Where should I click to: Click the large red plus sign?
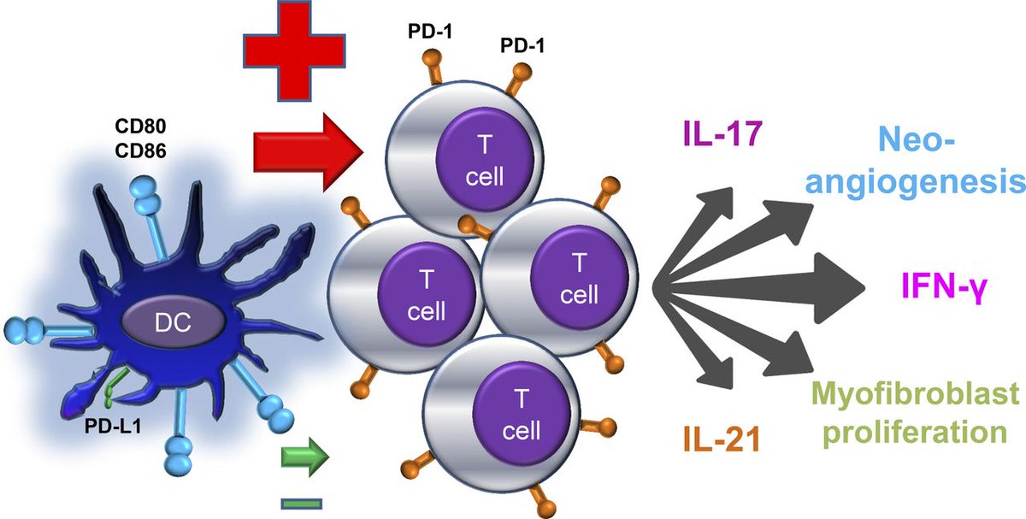coord(294,50)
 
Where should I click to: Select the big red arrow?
coord(309,152)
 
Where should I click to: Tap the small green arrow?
coord(304,457)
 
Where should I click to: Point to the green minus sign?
coord(301,504)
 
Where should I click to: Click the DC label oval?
coord(173,322)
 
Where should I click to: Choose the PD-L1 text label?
coord(113,427)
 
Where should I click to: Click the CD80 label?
coord(140,126)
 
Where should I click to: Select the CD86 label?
coord(140,150)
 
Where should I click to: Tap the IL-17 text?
coord(722,133)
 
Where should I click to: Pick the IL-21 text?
coord(722,439)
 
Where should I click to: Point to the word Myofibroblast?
coord(915,394)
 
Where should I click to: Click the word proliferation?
coord(915,432)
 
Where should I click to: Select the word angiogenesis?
coord(915,182)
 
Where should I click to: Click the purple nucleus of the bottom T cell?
coord(522,415)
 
